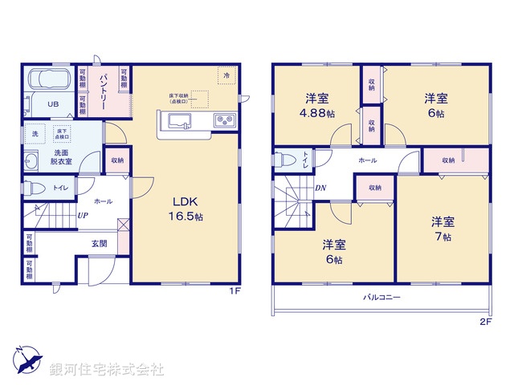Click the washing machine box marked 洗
[x=35, y=133]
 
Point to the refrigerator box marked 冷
[x=226, y=75]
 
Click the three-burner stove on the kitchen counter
[x=222, y=121]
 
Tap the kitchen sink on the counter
[x=178, y=121]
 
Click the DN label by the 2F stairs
[x=320, y=189]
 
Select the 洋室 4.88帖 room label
[x=316, y=105]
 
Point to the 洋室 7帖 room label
[x=441, y=229]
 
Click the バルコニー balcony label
[x=381, y=297]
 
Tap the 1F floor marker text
[x=235, y=292]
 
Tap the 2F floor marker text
[x=485, y=321]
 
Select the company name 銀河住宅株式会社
[x=106, y=369]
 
